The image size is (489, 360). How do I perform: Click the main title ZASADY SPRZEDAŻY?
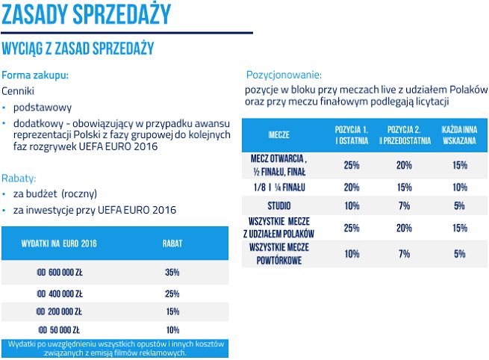point(86,14)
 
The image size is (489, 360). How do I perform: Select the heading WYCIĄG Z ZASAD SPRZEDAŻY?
point(78,49)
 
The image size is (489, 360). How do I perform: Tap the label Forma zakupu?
point(35,75)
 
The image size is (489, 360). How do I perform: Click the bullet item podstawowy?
point(46,108)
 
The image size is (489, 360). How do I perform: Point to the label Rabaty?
point(19,179)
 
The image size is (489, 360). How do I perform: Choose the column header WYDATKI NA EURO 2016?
point(61,243)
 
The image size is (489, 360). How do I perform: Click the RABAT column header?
point(172,243)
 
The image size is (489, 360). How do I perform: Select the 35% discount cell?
point(172,273)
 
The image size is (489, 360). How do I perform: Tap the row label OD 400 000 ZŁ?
point(59,293)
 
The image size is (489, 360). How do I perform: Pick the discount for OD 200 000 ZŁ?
point(172,311)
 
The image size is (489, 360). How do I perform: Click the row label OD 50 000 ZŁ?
point(57,330)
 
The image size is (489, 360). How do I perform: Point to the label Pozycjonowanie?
point(284,75)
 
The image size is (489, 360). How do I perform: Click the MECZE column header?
point(278,134)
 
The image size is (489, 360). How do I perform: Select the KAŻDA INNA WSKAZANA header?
point(459,134)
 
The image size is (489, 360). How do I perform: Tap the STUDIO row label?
point(278,205)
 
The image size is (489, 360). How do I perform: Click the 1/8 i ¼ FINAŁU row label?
point(278,187)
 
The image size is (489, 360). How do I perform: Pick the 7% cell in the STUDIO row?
point(405,205)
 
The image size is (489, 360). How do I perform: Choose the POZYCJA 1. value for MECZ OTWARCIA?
point(351,165)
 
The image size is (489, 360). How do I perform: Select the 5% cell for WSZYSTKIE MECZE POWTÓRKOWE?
point(459,254)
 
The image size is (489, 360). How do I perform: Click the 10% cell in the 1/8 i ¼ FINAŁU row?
point(459,187)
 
